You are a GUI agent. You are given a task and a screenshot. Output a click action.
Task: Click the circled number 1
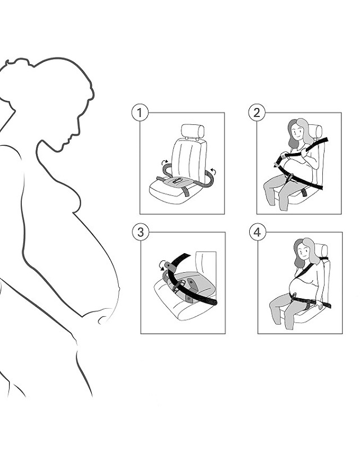pos(140,113)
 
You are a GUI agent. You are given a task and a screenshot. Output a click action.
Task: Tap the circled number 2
pos(256,112)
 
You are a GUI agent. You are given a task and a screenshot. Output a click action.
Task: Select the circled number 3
pos(141,232)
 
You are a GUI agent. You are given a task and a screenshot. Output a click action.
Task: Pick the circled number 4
pos(257,232)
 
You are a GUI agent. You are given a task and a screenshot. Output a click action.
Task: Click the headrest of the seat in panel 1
pos(192,131)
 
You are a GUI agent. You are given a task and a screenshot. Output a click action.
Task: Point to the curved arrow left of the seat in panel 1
pos(165,162)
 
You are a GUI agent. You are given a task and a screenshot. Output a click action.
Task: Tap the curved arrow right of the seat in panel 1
pos(213,172)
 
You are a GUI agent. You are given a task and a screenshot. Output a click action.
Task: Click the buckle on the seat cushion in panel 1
pos(177,181)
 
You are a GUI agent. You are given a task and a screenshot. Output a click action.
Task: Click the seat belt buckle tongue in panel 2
pos(276,164)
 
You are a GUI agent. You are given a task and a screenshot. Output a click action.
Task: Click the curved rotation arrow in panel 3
pos(163,265)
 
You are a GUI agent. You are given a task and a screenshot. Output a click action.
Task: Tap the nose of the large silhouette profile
pos(77,132)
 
